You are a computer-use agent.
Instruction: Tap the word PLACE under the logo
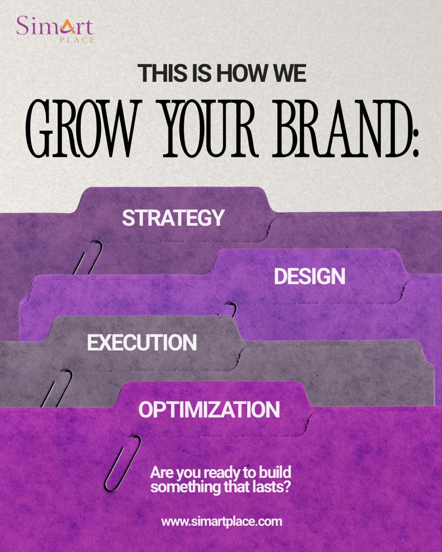point(77,40)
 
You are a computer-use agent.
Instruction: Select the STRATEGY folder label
point(173,217)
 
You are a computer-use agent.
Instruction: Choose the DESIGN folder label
point(310,276)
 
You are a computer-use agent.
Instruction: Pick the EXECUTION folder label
point(142,342)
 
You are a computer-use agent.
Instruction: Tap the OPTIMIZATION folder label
point(209,409)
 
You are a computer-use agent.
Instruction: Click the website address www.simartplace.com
point(222,521)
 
